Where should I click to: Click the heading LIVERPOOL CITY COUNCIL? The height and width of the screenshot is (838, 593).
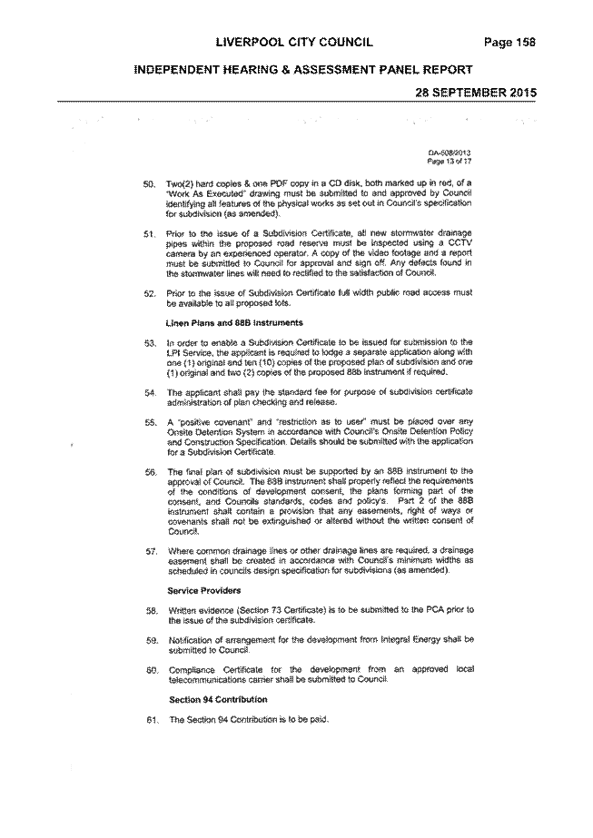coord(294,43)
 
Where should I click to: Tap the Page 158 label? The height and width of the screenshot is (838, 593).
coord(509,43)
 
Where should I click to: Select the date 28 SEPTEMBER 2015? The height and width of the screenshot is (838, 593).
coord(476,92)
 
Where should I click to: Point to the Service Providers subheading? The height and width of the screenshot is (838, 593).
coord(204,590)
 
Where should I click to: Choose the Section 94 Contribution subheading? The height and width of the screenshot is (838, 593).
coord(218,700)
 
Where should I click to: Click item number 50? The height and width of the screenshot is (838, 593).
coord(148,183)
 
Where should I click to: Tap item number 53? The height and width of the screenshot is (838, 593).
coord(149,343)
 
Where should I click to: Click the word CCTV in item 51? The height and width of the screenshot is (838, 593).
coord(461,243)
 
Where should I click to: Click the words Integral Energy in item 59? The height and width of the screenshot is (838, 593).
coord(409,640)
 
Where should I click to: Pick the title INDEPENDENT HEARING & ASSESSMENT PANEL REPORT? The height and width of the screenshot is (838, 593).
coord(302,70)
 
